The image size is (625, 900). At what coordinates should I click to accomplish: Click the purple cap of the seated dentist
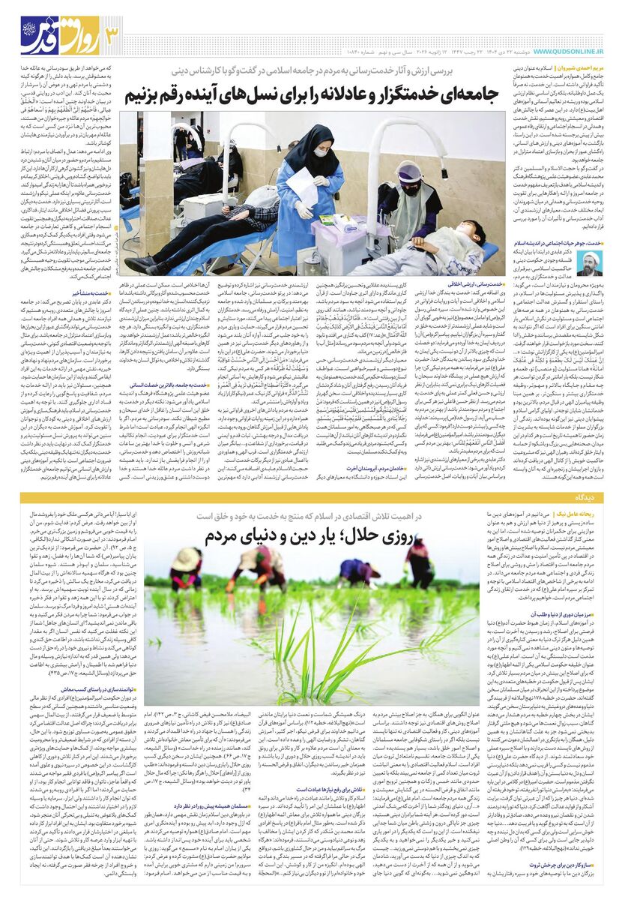click(x=409, y=172)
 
